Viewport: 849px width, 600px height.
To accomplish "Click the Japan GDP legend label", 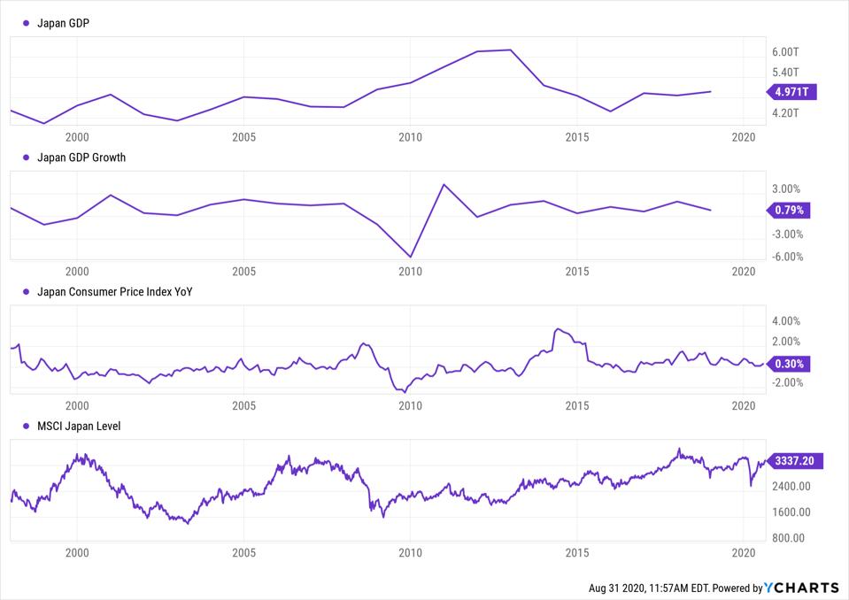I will pyautogui.click(x=63, y=24).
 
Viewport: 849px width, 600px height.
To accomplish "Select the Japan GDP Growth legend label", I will pyautogui.click(x=81, y=158).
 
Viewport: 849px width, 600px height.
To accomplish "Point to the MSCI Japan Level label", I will pyautogui.click(x=78, y=426).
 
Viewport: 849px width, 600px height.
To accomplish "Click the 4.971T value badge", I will pyautogui.click(x=793, y=91).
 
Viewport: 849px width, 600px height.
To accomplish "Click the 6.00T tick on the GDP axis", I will pyautogui.click(x=786, y=53).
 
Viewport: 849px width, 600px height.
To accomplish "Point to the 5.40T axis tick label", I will pyautogui.click(x=786, y=73).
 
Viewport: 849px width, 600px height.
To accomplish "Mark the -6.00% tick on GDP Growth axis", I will pyautogui.click(x=785, y=258).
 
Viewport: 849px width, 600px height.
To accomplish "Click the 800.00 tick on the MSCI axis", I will pyautogui.click(x=787, y=537).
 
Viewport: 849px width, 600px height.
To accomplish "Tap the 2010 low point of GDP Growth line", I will pyautogui.click(x=411, y=257).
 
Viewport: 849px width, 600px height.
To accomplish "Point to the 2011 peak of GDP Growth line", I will pyautogui.click(x=444, y=184).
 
